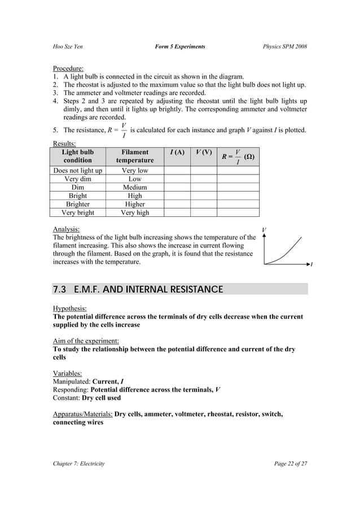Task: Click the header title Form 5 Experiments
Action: (179, 46)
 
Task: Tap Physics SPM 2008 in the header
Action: (285, 46)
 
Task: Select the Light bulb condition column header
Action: (78, 156)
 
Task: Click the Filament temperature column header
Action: (135, 156)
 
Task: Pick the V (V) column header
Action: (203, 152)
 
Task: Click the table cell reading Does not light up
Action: (78, 170)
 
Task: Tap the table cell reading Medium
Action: (135, 187)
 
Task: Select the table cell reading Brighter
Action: (78, 204)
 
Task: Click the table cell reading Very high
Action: (135, 213)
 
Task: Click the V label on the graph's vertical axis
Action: (264, 230)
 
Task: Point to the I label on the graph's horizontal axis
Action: (310, 264)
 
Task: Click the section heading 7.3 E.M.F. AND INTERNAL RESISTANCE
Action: (138, 290)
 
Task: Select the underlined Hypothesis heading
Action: (69, 308)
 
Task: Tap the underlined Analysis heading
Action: (66, 229)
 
